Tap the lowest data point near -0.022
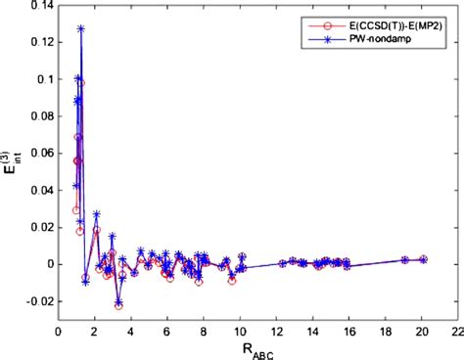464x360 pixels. pos(118,305)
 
